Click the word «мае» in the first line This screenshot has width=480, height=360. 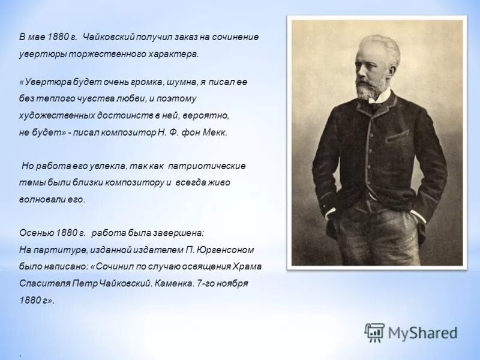point(37,37)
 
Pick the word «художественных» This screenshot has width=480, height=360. point(51,115)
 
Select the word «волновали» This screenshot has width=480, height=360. point(42,199)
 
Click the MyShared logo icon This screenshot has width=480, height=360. point(374,332)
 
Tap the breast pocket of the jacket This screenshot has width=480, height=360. point(397,137)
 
